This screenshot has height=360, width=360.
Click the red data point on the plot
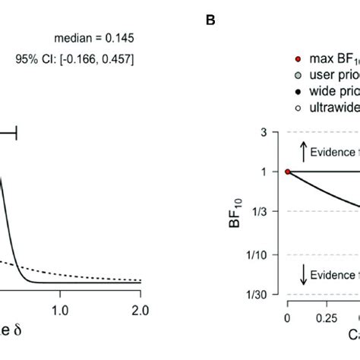287,172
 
